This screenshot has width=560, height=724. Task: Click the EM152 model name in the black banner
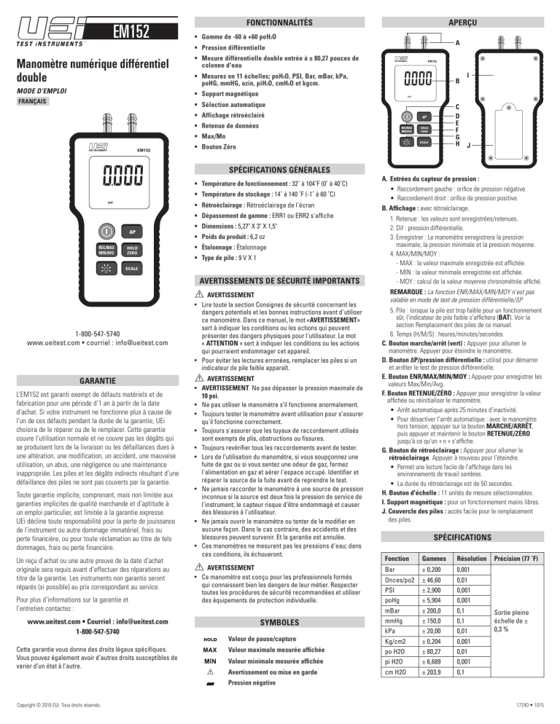click(x=131, y=31)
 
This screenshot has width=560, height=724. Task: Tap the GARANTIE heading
click(x=99, y=380)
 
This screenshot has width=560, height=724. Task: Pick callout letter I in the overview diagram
click(x=467, y=74)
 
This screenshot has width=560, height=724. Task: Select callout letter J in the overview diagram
click(x=467, y=145)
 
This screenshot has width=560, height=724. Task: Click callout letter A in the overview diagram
click(x=457, y=43)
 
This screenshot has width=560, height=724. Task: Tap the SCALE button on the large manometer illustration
click(x=131, y=268)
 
